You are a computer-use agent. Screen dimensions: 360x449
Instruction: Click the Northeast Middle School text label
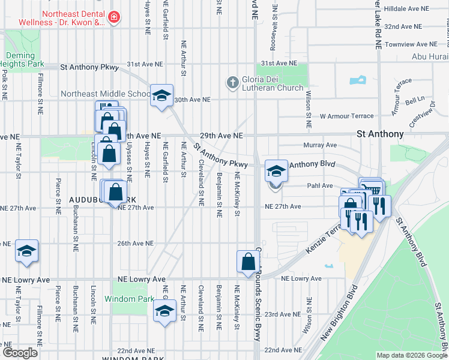pos(106,94)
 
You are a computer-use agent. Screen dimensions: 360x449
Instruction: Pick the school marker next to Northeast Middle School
pos(161,95)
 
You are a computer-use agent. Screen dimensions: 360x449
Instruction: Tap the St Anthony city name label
pos(379,134)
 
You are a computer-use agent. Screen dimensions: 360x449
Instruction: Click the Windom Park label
pos(125,299)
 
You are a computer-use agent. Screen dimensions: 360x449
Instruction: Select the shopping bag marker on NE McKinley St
pos(248,262)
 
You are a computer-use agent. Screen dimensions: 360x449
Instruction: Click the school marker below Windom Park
pos(164,311)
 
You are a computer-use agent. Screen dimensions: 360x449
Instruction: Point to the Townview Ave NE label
pos(411,44)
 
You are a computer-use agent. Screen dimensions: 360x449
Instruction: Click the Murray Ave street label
pos(320,145)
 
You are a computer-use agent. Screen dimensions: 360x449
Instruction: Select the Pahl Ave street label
pos(320,186)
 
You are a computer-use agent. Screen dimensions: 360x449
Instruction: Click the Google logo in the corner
pos(20,353)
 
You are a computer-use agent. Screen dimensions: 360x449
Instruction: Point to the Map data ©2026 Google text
pos(412,355)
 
